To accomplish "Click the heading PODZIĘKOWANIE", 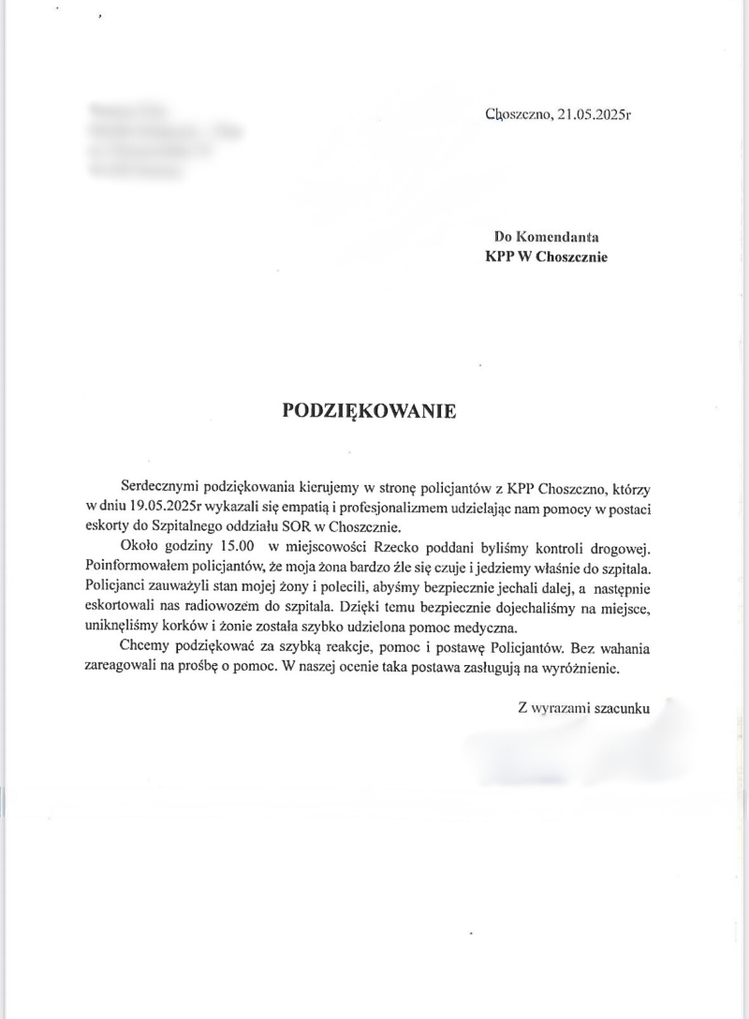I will [x=370, y=411].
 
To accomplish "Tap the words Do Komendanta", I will [x=547, y=239].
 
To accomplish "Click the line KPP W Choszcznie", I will [x=546, y=258].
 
